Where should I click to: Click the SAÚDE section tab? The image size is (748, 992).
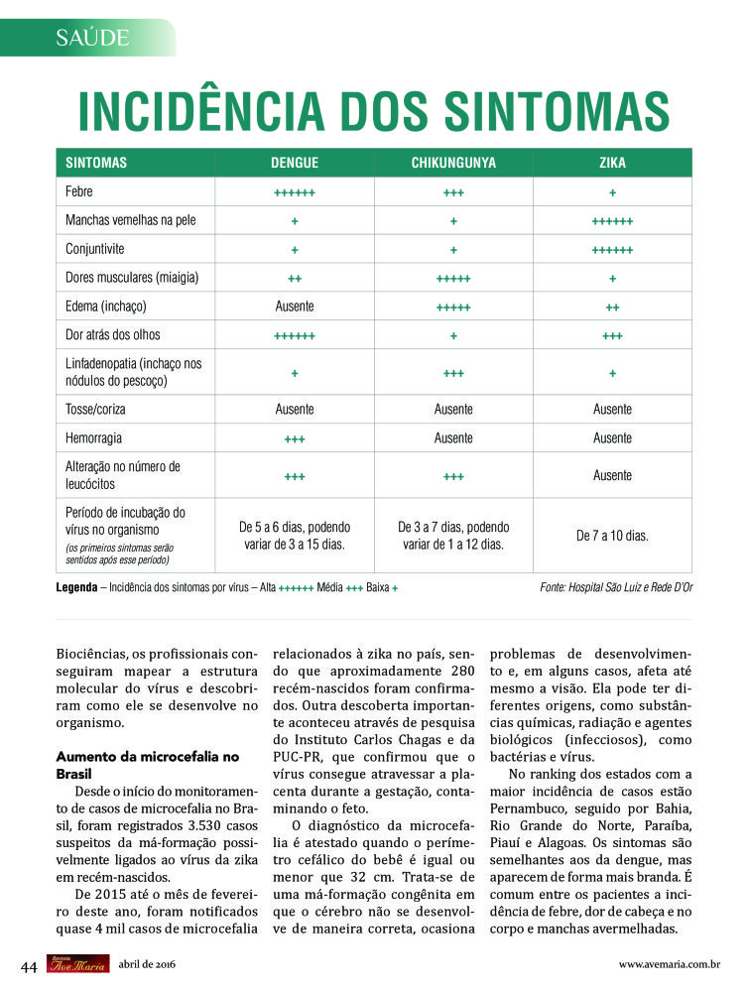pos(93,38)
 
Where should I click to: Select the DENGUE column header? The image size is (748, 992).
pos(294,163)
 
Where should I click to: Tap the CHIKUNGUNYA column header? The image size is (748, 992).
pos(453,163)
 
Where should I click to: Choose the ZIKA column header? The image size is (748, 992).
pos(612,163)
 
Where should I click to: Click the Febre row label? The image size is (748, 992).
pos(79,191)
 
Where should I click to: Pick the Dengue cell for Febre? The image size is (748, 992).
pos(294,192)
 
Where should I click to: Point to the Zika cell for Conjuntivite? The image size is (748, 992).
pos(612,249)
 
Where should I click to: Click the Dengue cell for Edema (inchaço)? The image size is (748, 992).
pos(294,307)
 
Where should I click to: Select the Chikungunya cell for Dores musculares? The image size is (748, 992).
pos(453,278)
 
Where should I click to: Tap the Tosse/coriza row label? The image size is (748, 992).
pos(95,409)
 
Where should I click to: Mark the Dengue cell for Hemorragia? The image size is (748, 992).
pos(294,437)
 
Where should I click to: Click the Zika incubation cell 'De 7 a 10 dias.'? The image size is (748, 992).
pos(612,536)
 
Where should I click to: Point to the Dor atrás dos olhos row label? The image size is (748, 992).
pos(113,335)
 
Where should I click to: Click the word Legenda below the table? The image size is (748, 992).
pos(76,588)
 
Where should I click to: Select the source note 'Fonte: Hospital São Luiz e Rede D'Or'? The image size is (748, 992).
pos(616,588)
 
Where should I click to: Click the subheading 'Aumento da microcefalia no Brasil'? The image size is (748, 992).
pos(148,764)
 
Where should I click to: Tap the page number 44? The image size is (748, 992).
pos(30,965)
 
